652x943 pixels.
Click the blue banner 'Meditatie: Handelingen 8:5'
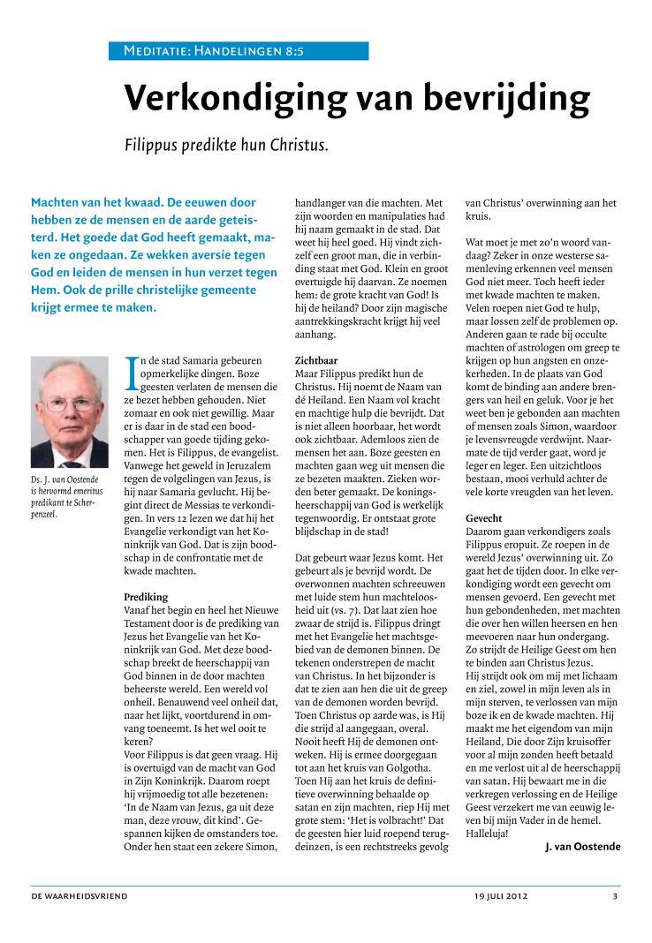(x=214, y=52)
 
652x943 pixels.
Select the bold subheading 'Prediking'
(x=145, y=597)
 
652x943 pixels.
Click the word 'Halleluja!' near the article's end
(x=492, y=830)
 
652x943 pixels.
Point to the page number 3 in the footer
(x=615, y=896)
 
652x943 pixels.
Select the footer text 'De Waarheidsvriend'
(x=80, y=896)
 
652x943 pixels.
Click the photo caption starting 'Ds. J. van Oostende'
(x=67, y=496)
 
